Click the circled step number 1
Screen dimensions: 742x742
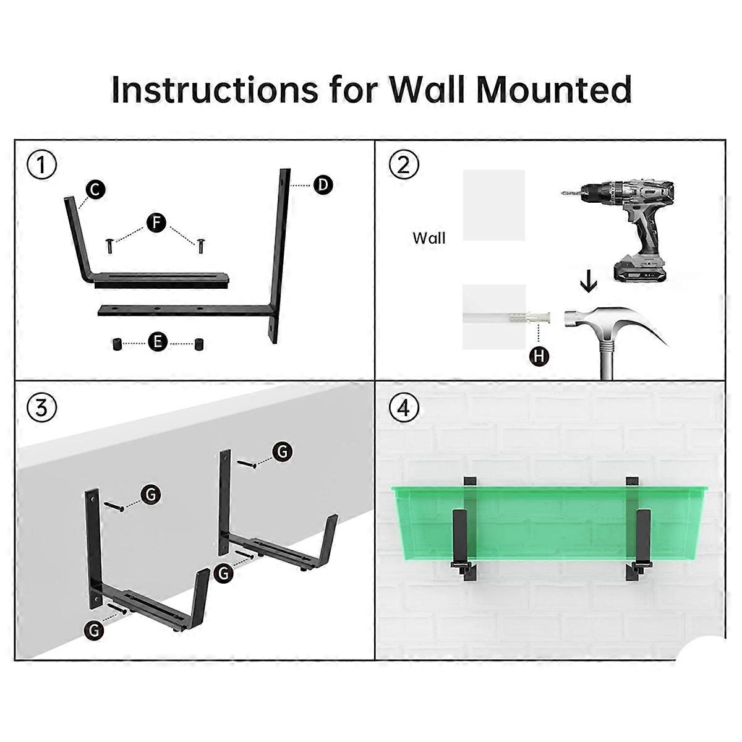(x=41, y=166)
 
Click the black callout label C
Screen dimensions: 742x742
(x=95, y=190)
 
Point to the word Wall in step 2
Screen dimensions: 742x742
(x=429, y=238)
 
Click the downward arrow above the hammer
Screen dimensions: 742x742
(x=589, y=284)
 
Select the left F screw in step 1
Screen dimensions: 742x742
(x=109, y=245)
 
